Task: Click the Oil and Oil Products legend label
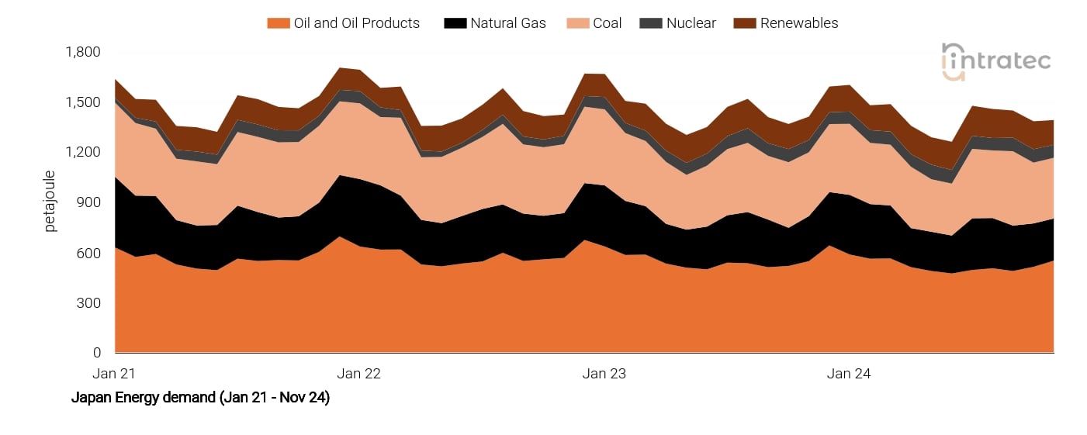click(x=356, y=23)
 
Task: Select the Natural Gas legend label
click(x=507, y=23)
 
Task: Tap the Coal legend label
click(x=607, y=23)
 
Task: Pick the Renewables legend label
click(x=798, y=23)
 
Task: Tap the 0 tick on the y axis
click(x=97, y=353)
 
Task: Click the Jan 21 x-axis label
click(x=114, y=374)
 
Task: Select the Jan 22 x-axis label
click(x=359, y=374)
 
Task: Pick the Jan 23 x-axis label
click(x=604, y=374)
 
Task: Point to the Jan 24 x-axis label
click(x=849, y=374)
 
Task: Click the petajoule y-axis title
click(x=51, y=202)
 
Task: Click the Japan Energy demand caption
click(x=200, y=398)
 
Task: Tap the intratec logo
click(x=995, y=60)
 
